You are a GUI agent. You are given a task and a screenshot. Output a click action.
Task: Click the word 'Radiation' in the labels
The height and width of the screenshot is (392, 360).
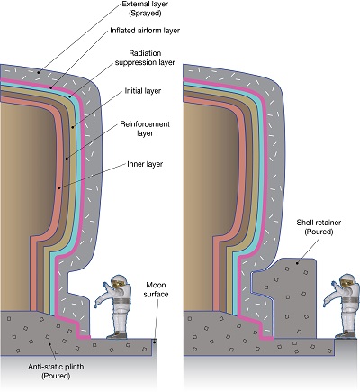pos(143,53)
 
